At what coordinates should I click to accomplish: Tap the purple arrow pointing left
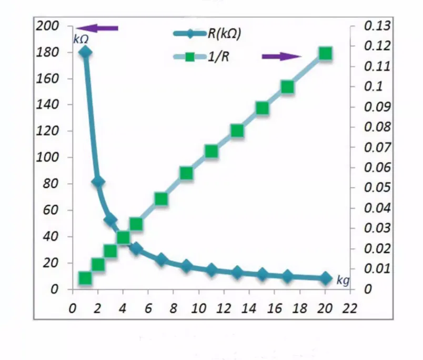(x=98, y=28)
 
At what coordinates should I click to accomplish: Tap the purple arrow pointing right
(x=281, y=56)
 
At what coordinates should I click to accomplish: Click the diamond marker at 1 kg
(x=85, y=52)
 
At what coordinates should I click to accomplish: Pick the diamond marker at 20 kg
(x=325, y=278)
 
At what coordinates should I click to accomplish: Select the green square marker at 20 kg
(x=325, y=53)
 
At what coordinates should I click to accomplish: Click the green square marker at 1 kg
(x=85, y=278)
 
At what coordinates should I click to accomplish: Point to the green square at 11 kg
(x=211, y=151)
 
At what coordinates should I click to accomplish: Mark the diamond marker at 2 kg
(x=98, y=182)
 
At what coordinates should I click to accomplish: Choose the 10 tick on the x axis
(x=198, y=308)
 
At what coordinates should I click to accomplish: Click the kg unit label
(x=343, y=280)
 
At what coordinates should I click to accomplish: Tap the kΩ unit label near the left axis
(x=80, y=38)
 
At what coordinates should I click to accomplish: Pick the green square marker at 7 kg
(x=161, y=198)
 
